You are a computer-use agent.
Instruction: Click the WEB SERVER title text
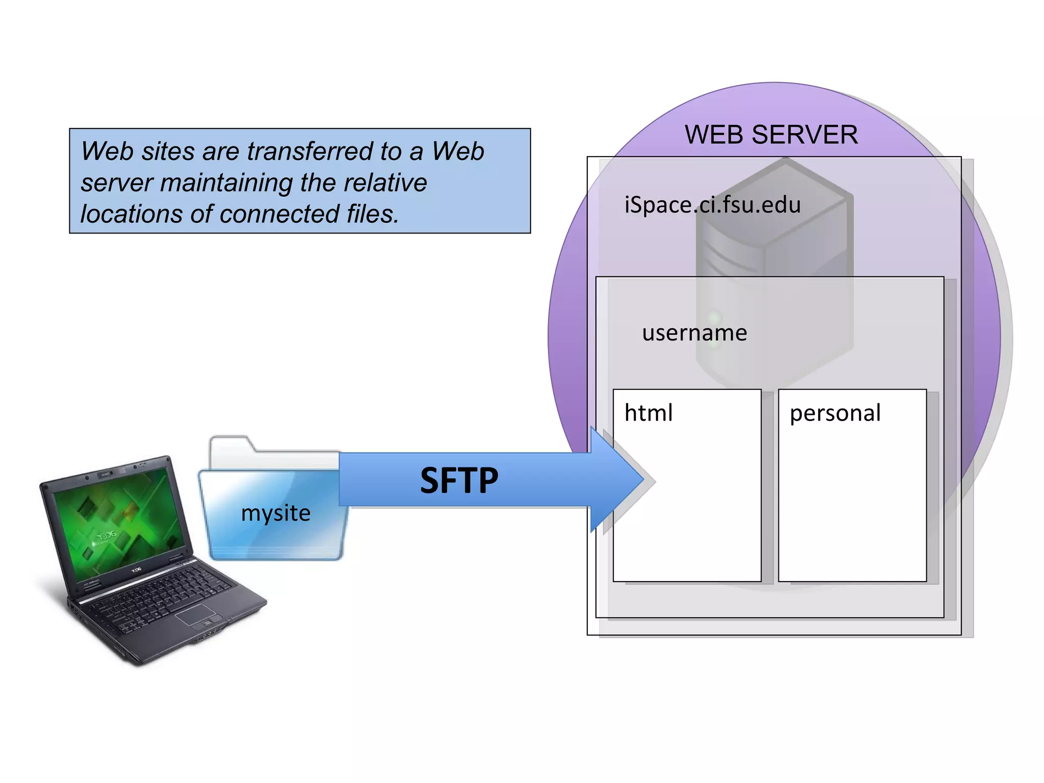pos(771,135)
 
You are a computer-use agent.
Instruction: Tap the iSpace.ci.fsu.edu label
pos(713,205)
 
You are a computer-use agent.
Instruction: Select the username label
pos(694,333)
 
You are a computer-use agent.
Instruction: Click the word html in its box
pos(648,412)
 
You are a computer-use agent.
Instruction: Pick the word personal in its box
pos(835,413)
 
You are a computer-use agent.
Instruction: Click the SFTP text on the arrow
pos(459,480)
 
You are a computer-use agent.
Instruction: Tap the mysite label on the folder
pos(276,513)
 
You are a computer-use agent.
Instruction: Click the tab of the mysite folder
pos(230,443)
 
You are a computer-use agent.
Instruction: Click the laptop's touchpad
pos(196,614)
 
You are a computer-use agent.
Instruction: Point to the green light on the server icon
pos(715,319)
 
